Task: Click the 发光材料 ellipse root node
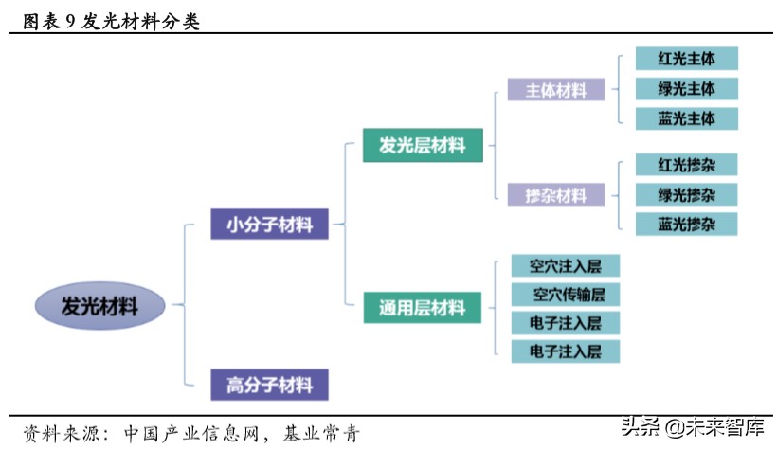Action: tap(99, 307)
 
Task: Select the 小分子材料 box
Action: tap(270, 225)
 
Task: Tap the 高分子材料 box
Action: tap(270, 385)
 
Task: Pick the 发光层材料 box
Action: tap(423, 146)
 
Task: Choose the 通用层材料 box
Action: tap(423, 307)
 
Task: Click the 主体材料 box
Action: tap(556, 91)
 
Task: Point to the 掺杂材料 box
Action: tap(556, 196)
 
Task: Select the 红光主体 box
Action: tap(686, 59)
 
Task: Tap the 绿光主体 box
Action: tap(686, 89)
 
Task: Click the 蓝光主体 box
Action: tap(686, 119)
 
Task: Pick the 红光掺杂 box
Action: tap(686, 165)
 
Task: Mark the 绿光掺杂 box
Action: tap(686, 194)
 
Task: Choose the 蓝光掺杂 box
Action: tap(686, 225)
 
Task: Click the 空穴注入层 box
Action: tap(567, 264)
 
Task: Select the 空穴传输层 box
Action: tap(567, 294)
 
